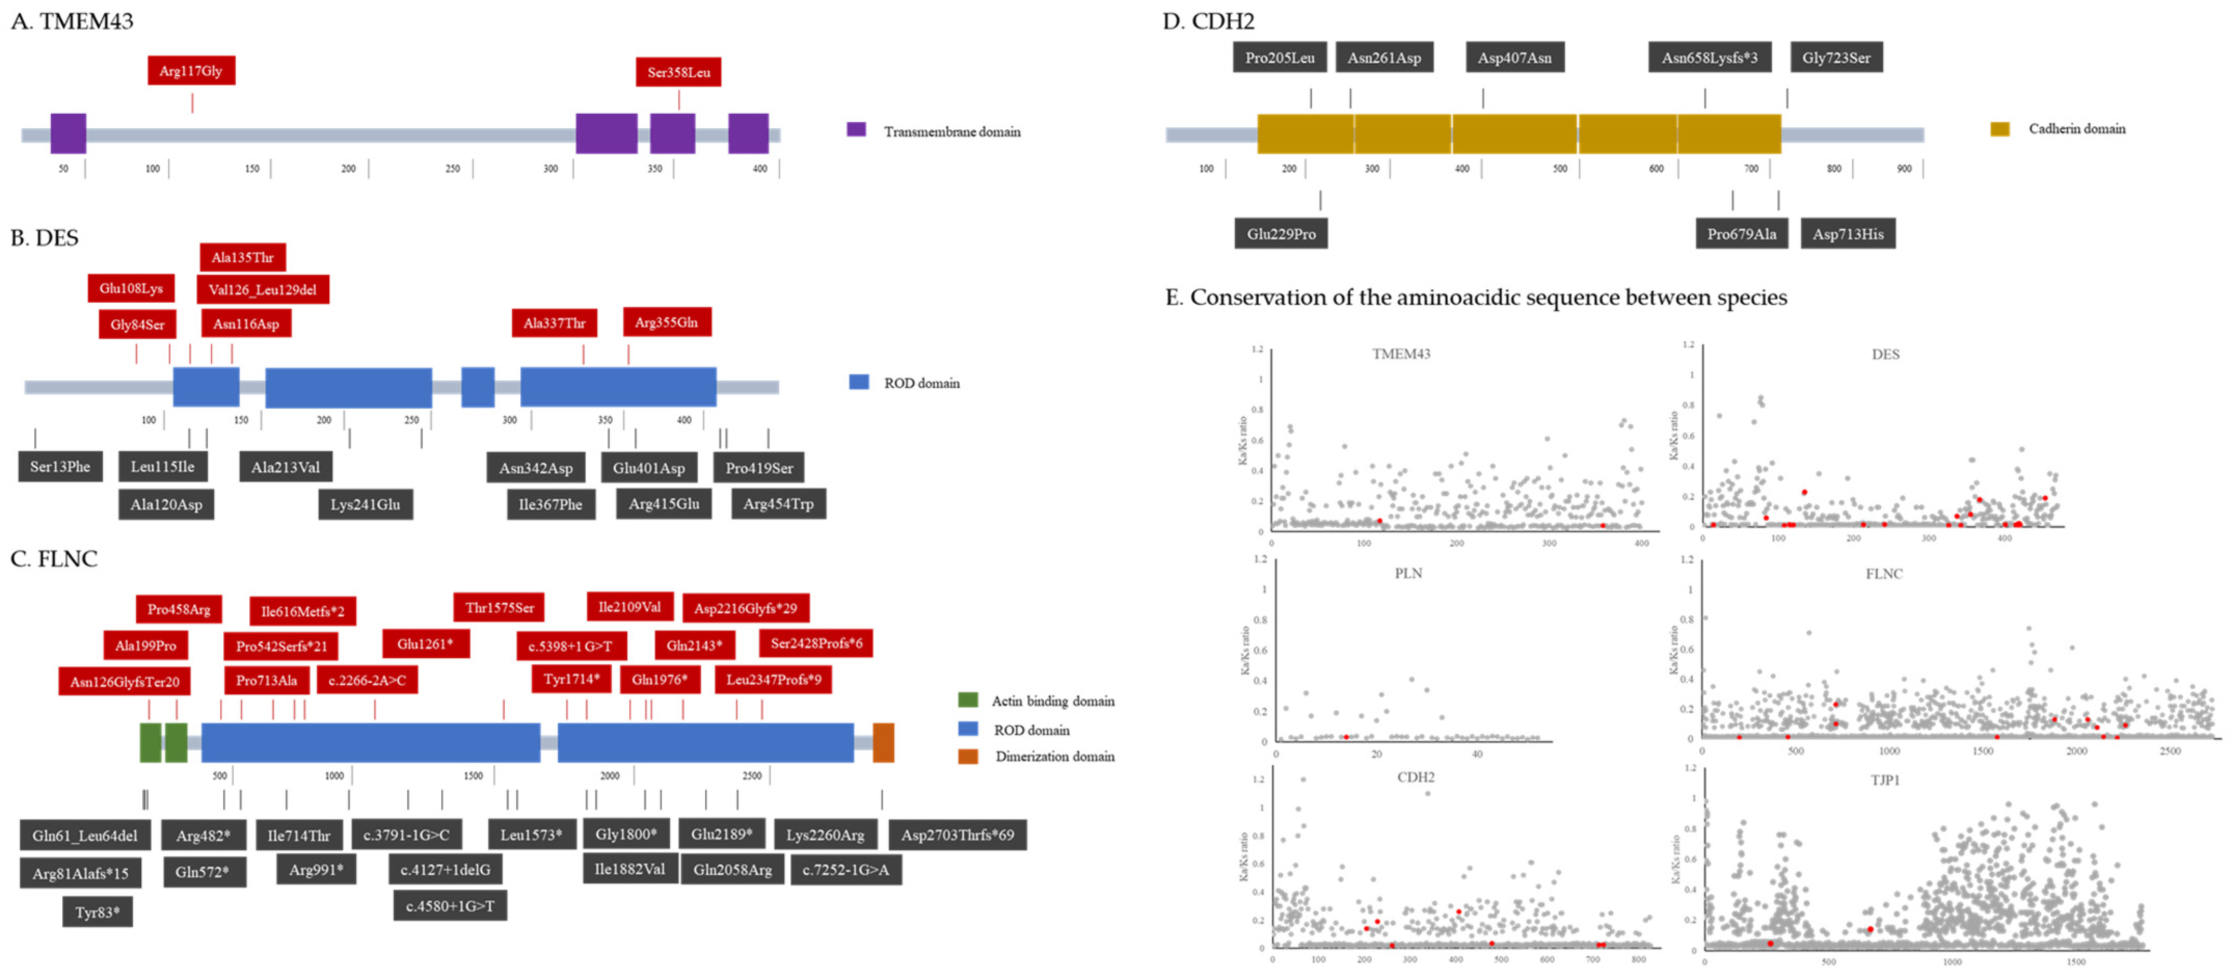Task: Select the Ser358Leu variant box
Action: pos(679,72)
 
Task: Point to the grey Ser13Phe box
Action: pos(60,467)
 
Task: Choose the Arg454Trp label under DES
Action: pos(778,504)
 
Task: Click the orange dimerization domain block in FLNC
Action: pos(883,742)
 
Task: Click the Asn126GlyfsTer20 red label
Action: pos(124,682)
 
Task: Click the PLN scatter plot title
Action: pos(1408,573)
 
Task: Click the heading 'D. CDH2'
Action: pos(1208,21)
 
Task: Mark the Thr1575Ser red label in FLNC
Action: pos(499,608)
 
